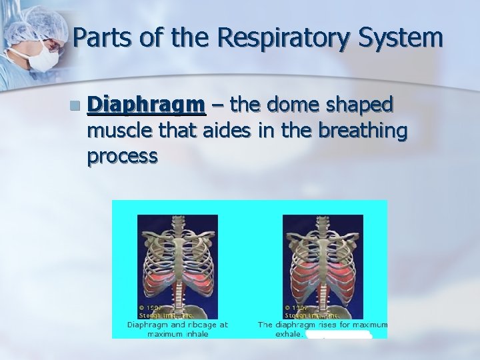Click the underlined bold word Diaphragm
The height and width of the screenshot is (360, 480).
point(146,105)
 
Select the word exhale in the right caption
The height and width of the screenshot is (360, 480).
point(289,333)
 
